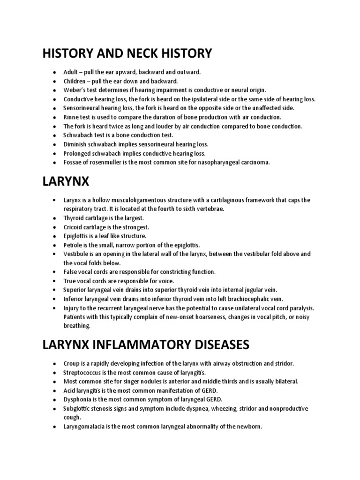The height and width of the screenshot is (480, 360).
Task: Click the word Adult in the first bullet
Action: coord(71,72)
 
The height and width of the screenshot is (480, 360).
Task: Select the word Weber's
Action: coord(75,90)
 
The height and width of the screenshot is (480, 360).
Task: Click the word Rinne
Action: coord(71,117)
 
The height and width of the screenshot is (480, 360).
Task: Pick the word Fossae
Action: coord(73,162)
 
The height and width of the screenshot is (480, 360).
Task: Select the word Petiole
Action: coord(73,245)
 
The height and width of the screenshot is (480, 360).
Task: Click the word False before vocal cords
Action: coord(71,272)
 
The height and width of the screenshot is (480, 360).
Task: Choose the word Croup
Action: coord(72,363)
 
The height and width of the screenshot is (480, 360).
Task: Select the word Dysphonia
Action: coord(77,399)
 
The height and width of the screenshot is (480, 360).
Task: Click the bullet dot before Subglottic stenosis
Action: coord(55,409)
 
